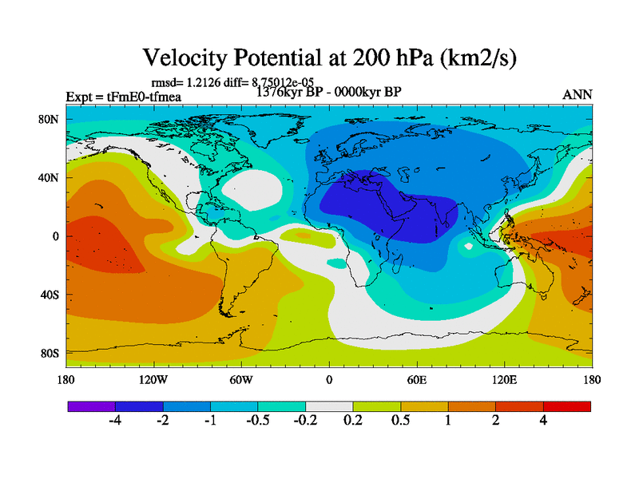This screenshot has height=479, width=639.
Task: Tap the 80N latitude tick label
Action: (50, 120)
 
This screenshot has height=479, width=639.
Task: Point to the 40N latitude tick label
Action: (50, 178)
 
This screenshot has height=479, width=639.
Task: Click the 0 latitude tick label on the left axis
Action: (56, 236)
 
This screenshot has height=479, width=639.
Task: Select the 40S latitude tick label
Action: (50, 295)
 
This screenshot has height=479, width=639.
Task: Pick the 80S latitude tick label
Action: (50, 353)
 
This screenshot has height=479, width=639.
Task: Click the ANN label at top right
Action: (577, 94)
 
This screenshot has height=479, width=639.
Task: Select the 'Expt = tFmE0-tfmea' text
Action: (124, 97)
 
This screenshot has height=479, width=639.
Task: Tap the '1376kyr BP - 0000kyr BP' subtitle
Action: (328, 91)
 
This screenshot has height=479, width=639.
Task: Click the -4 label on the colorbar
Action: (115, 423)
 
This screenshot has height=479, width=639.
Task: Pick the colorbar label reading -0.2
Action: (305, 423)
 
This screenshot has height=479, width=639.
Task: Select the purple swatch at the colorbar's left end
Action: (91, 406)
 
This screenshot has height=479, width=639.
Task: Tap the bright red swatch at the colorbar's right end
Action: (567, 406)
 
